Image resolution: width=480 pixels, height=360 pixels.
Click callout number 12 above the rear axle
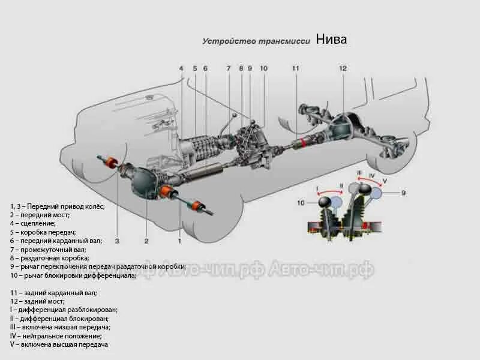[x=343, y=68]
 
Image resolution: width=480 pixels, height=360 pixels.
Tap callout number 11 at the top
[x=295, y=68]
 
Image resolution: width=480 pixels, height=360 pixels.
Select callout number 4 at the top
[x=181, y=68]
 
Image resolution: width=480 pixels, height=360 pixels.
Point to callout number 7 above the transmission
[x=228, y=68]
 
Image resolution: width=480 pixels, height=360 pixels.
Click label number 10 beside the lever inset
[x=301, y=203]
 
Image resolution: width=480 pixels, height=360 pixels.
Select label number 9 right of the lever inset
[x=404, y=193]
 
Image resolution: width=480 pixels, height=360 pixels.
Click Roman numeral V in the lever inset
[x=384, y=181]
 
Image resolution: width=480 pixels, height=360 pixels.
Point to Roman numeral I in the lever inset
[x=317, y=188]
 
